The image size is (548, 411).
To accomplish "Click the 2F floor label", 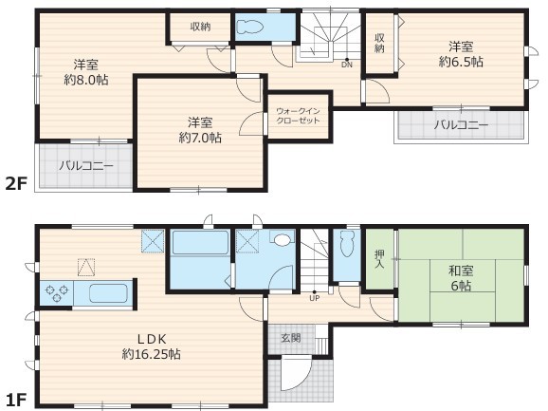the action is tap(16, 183).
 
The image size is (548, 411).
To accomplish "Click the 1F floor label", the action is tap(16, 400).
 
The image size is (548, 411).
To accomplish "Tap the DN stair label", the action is tap(347, 65).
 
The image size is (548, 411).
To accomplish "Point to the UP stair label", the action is tap(314, 298).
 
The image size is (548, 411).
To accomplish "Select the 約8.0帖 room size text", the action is tap(86, 80).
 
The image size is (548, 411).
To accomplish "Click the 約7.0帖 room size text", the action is tap(200, 138).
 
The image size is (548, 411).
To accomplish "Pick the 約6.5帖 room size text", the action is tap(461, 62).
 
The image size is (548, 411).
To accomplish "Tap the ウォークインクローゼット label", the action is tap(298, 116).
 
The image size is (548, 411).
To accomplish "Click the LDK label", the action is tap(152, 339).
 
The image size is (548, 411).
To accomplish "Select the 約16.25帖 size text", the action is tap(152, 354).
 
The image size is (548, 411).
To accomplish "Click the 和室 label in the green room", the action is tap(461, 271).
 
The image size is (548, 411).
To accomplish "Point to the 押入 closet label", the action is tap(379, 259).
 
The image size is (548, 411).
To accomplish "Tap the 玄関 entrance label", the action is tap(291, 338).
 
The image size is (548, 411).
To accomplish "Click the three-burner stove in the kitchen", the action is tap(56, 293).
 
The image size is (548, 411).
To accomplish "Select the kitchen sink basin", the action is tap(108, 293).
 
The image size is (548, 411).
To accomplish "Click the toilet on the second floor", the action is tap(249, 27).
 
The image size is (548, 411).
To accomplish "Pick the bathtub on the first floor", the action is tap(200, 242).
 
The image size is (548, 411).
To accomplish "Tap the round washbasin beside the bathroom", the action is tap(282, 240).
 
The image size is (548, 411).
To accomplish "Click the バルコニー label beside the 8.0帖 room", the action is tap(86, 165).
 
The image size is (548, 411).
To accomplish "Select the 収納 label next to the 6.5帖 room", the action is tap(379, 43).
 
